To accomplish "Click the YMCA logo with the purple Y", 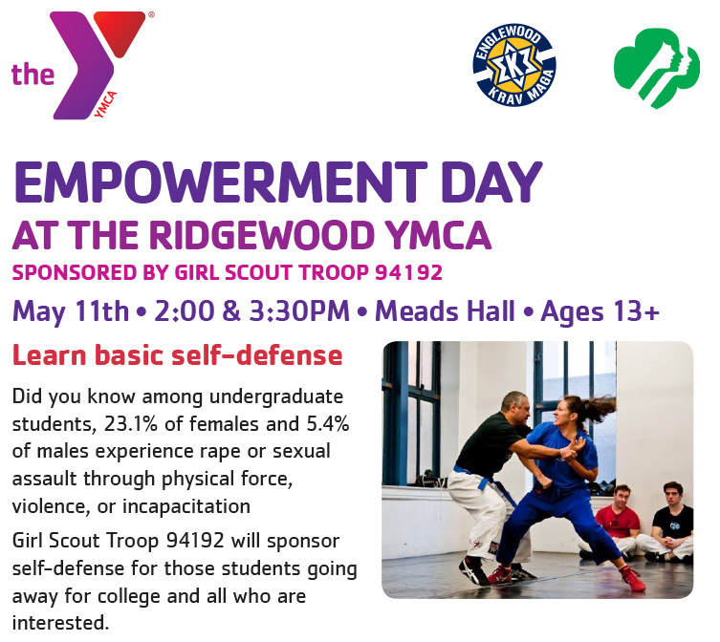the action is point(82,66).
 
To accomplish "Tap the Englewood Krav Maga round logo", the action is point(514,65).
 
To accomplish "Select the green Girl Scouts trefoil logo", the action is point(657,67).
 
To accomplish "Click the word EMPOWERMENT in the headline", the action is point(221,182).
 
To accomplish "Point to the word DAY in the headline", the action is point(491,182).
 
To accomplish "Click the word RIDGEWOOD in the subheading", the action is point(262,235).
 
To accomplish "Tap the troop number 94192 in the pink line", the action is point(408,272).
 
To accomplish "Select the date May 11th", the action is point(71,312).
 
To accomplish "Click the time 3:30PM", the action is point(299,311).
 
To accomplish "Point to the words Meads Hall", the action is point(445,311).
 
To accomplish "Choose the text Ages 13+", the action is point(600,312).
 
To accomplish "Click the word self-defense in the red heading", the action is point(257,355).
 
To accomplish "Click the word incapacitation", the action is point(185,507).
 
